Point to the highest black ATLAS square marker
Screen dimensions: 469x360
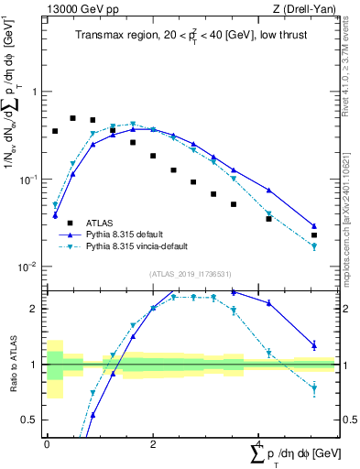(73, 118)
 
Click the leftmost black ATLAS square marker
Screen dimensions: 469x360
(55, 131)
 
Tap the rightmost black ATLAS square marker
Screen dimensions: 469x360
(314, 235)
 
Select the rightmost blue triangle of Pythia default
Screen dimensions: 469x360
(314, 225)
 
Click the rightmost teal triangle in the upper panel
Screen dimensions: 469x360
(314, 246)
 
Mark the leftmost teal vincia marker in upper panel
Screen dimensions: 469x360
(55, 205)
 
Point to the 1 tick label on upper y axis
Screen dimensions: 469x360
(37, 92)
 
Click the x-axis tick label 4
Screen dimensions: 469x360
(258, 442)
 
